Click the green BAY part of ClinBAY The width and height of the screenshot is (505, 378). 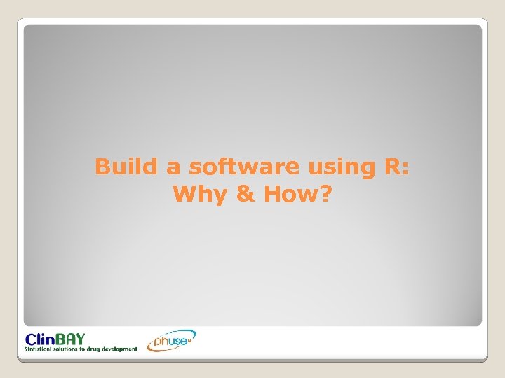coord(72,338)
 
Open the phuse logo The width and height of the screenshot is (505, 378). coord(171,341)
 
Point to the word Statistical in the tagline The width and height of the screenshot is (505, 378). coord(41,348)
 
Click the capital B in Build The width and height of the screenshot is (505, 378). coord(103,167)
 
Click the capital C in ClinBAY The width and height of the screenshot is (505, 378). coord(31,338)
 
